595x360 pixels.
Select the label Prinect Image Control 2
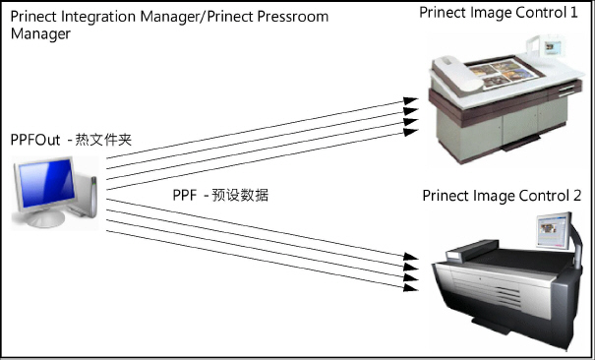tap(503, 195)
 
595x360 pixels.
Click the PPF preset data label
tap(220, 196)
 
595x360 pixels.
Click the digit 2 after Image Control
tap(577, 195)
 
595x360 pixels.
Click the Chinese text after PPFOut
tap(102, 141)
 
